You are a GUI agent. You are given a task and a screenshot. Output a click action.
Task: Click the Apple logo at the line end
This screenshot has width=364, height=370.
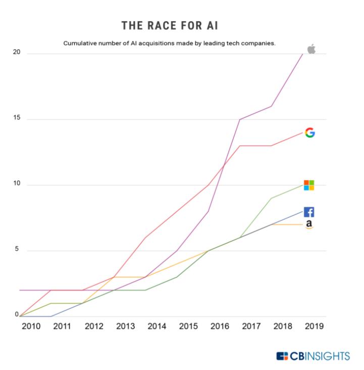point(311,49)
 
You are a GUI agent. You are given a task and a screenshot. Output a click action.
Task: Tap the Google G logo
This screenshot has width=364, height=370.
point(310,133)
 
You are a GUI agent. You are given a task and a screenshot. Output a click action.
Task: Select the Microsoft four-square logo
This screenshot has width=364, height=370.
point(308,185)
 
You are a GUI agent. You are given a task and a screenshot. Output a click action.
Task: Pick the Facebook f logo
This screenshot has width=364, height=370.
point(308,212)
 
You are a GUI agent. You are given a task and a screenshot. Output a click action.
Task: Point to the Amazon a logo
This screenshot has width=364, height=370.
point(309,225)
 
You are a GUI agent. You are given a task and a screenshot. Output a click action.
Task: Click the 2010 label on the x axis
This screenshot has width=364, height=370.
point(31,326)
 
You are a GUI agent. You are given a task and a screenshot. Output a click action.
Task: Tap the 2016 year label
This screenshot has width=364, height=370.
point(220,326)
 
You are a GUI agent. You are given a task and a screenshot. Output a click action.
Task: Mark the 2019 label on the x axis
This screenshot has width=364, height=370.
point(314,326)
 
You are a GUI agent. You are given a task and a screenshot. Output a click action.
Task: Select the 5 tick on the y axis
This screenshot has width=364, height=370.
point(16,250)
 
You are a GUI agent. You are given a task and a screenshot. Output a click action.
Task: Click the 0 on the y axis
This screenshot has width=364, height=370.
point(16,315)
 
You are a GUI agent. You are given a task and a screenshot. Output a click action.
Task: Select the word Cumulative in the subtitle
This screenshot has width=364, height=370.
point(81,43)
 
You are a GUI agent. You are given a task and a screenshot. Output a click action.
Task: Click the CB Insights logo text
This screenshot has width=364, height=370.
point(319,356)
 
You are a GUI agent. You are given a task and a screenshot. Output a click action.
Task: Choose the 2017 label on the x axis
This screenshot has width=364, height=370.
point(251,326)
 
